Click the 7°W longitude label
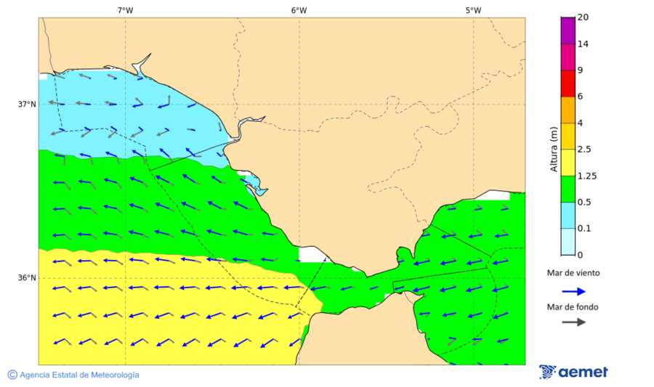125,10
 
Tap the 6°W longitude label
299,10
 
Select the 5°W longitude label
473,10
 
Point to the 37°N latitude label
27,104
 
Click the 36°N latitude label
27,278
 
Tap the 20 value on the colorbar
583,17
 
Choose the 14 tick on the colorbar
583,44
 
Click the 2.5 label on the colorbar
584,150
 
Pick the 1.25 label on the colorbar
586,176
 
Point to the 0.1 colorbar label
584,229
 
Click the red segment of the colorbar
568,83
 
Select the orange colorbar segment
568,110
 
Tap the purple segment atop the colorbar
568,30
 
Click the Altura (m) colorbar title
554,149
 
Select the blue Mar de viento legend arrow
573,291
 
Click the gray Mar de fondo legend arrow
573,322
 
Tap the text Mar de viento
573,273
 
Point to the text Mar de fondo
573,306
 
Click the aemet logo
573,372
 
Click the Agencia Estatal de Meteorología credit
73,375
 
